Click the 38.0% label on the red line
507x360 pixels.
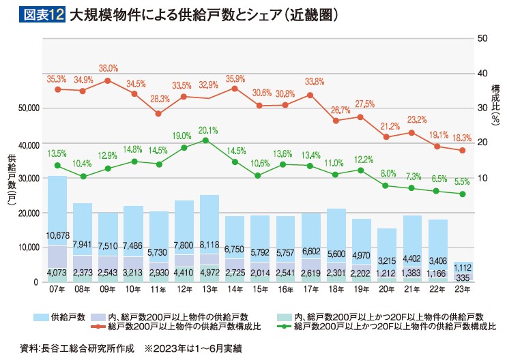point(108,68)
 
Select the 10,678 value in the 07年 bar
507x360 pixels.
point(57,236)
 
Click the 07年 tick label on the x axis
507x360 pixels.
point(57,289)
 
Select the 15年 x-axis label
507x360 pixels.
point(259,289)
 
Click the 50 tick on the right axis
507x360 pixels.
point(482,38)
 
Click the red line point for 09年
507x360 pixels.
point(108,80)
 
